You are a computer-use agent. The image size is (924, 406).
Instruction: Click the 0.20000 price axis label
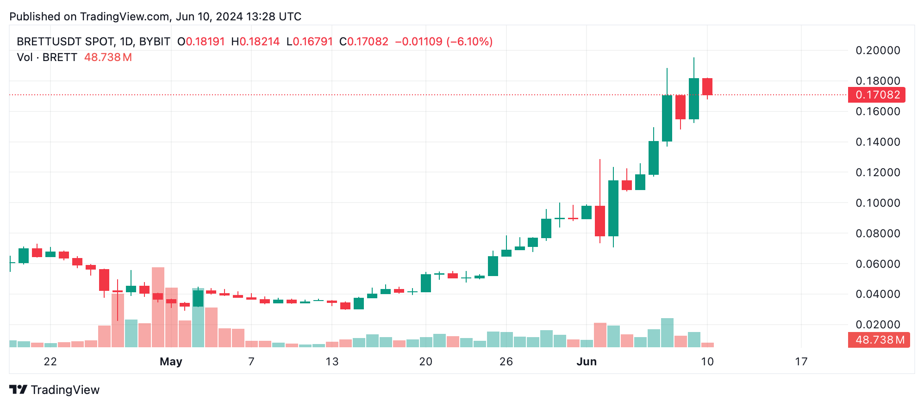tap(878, 50)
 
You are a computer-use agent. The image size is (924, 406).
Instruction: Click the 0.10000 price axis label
tap(878, 203)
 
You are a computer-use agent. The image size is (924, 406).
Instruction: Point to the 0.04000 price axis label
tap(878, 294)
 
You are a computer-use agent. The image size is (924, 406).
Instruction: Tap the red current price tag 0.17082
tap(877, 95)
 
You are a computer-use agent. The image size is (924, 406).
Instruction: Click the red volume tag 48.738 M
tap(879, 340)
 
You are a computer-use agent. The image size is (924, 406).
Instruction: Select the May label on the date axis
tap(171, 362)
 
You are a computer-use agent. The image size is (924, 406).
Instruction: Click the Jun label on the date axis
tap(586, 362)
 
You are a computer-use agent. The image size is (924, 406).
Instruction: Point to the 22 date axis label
tap(50, 362)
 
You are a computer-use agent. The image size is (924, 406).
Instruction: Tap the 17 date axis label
tap(801, 362)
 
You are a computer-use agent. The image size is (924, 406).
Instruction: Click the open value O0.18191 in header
tap(201, 42)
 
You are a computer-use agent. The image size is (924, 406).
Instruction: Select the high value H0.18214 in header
tap(255, 42)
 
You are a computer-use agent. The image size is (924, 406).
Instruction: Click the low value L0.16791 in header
tap(309, 42)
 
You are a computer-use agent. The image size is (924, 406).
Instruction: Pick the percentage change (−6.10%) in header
tap(469, 42)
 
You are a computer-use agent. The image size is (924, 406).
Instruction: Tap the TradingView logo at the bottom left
tap(55, 390)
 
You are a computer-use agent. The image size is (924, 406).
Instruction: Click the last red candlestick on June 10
tap(707, 87)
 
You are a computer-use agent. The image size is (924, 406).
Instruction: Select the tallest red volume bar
tap(158, 307)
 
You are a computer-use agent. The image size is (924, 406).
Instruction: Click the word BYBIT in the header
tap(155, 42)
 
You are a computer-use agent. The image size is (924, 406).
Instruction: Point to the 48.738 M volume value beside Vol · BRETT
tap(108, 57)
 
